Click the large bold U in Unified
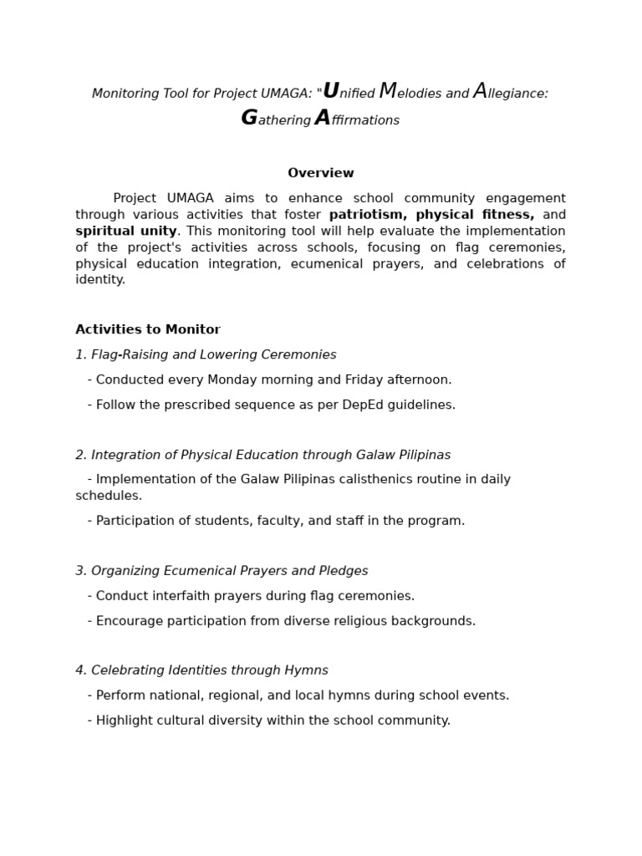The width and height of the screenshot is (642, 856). coord(331,91)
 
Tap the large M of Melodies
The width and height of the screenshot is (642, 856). coord(388,91)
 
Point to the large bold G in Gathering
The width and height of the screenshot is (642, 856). coord(249,119)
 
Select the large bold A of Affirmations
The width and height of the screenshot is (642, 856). coord(323,119)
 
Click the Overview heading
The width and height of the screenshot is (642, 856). coord(321,173)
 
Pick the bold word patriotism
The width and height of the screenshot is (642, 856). coord(364,215)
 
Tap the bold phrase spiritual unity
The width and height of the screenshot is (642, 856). coord(126,231)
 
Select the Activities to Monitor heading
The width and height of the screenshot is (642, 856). coord(148,329)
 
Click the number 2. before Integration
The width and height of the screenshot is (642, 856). coord(81,455)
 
